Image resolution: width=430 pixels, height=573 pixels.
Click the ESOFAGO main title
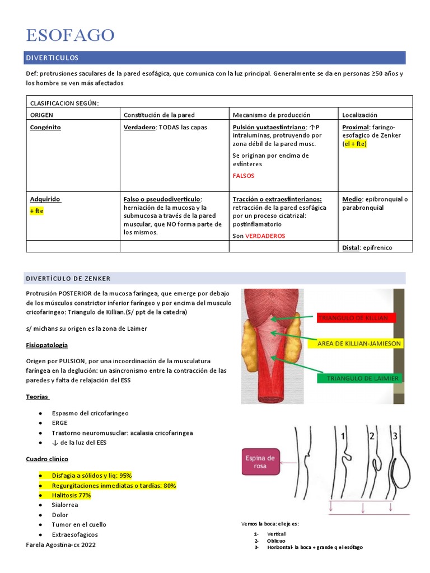click(x=70, y=35)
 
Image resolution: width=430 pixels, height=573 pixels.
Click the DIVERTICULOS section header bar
click(x=216, y=58)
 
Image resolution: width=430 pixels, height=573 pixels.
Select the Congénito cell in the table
click(x=45, y=127)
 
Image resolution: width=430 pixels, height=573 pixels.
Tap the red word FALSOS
click(x=243, y=176)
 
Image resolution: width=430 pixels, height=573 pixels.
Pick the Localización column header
click(x=359, y=115)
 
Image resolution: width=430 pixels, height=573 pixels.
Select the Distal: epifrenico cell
click(x=367, y=247)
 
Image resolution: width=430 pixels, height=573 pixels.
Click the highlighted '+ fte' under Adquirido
click(x=36, y=211)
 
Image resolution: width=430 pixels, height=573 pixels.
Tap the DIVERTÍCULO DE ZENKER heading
click(x=68, y=278)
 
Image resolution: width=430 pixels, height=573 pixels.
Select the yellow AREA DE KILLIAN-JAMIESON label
click(x=359, y=342)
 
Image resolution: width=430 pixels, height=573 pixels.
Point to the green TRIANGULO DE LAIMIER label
click(x=358, y=378)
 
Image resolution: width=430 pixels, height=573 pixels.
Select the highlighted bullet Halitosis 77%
click(x=71, y=495)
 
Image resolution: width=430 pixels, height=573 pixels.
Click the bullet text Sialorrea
click(x=65, y=505)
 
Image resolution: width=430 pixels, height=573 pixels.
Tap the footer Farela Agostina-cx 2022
click(x=60, y=544)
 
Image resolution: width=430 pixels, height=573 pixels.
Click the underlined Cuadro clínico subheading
click(x=47, y=459)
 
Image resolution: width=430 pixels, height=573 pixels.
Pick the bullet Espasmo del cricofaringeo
click(x=90, y=413)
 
